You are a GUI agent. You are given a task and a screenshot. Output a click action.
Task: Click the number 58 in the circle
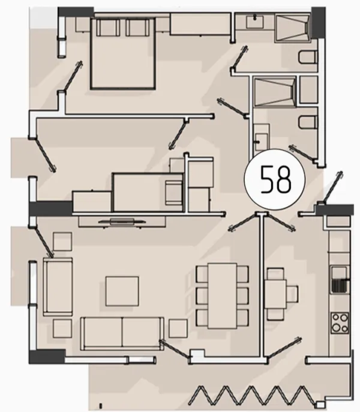pos(275,180)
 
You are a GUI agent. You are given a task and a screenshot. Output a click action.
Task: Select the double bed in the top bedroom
pos(123,53)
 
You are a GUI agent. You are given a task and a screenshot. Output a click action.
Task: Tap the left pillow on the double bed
pos(108,28)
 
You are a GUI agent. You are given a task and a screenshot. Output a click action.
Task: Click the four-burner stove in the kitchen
pos(340,323)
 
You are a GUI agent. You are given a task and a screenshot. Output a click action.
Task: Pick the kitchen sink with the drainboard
pos(340,280)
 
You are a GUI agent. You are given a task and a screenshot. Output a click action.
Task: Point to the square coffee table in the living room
pos(122,291)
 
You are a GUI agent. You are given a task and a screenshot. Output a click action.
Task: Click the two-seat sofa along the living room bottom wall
pos(122,333)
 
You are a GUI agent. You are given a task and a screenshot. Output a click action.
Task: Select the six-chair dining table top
pos(223,296)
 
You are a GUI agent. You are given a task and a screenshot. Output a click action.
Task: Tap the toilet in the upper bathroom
pos(308,57)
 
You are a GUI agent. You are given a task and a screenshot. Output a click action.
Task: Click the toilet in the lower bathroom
pos(308,122)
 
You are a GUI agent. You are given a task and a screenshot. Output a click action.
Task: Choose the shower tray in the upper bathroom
pos(293,28)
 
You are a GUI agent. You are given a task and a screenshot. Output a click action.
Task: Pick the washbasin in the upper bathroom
pos(254,22)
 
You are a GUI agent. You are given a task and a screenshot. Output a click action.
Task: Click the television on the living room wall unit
pos(122,221)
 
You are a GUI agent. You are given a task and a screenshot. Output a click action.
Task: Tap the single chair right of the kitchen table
pos(292,294)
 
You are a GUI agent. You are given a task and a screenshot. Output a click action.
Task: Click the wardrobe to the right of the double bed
pos(200,24)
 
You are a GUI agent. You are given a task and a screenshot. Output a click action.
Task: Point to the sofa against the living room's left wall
pos(58,286)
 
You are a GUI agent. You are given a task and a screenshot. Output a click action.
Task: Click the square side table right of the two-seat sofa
pos(178,328)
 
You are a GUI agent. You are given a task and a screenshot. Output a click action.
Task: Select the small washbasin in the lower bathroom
pos(262,142)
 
